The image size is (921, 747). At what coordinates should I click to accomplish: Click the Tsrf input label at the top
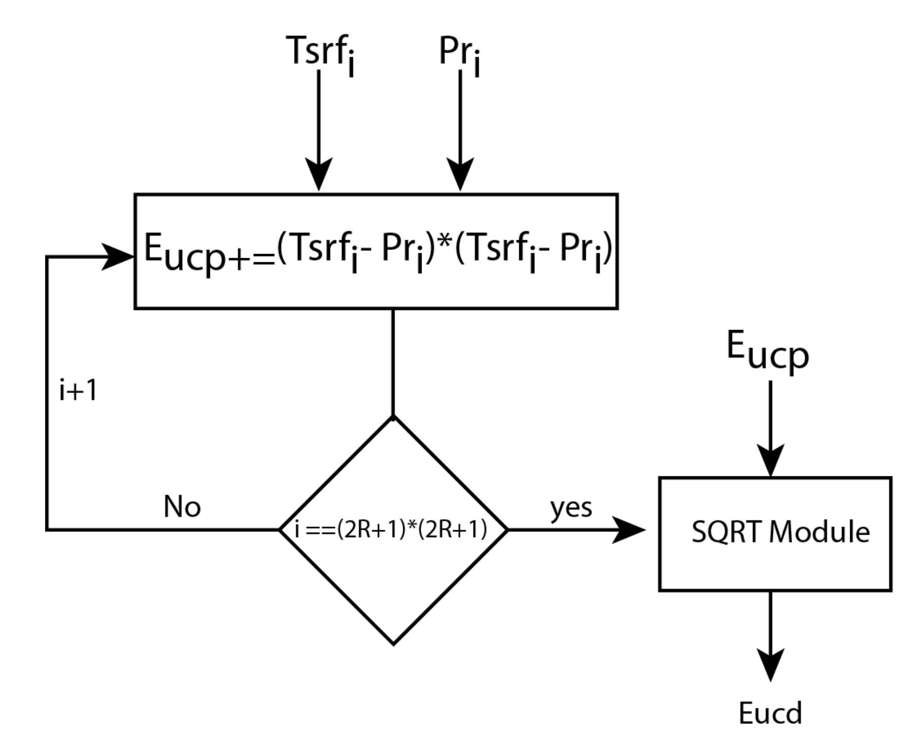point(321,53)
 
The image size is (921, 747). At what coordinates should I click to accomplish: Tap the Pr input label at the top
point(459,53)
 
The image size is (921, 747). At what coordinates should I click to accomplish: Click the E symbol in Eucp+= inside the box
point(154,249)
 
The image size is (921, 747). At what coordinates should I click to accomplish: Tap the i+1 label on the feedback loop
point(78,390)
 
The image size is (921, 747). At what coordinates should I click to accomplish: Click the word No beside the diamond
point(182,507)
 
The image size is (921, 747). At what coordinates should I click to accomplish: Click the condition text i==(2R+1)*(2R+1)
point(390,530)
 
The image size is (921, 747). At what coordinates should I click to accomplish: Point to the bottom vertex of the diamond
point(393,643)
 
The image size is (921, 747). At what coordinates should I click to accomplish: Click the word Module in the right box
point(819,533)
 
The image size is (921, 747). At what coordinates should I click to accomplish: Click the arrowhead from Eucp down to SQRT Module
point(770,460)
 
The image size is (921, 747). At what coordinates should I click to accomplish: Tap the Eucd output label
point(770,713)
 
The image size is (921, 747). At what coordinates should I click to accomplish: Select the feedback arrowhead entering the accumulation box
point(117,257)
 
